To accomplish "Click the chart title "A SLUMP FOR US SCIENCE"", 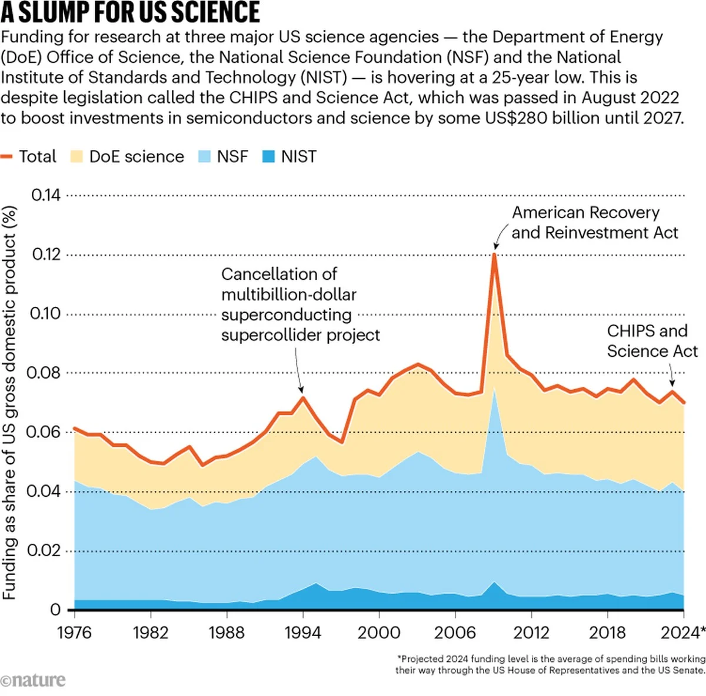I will tap(131, 13).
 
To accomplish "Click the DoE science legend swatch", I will tap(76, 156).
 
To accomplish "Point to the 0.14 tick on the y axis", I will tap(46, 195).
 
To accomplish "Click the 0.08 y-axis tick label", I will tap(46, 373).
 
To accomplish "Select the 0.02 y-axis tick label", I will tap(46, 551).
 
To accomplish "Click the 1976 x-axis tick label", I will tap(74, 633).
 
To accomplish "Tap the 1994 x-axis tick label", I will tap(302, 633).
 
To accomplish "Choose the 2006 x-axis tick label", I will tap(454, 633).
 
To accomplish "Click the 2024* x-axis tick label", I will tap(682, 633).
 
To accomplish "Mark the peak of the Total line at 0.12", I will tap(494, 254).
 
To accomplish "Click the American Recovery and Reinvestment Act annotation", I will tap(594, 222).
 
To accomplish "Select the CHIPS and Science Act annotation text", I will tap(652, 341).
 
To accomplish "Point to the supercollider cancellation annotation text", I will tap(300, 304).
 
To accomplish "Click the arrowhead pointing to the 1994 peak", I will tap(301, 390).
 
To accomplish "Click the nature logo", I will tap(33, 680).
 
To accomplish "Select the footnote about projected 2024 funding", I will tap(551, 664).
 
